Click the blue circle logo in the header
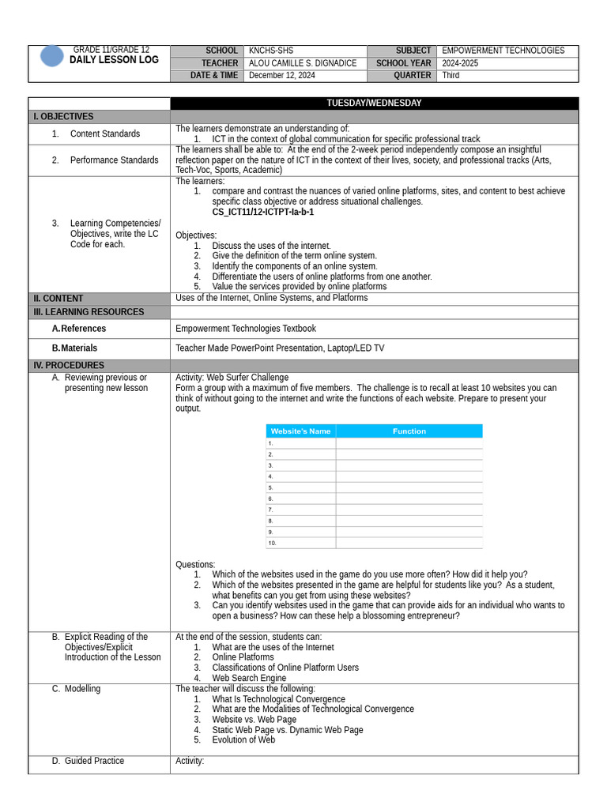52,56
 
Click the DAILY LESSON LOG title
114,60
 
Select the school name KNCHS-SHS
270,51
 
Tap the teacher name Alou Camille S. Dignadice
302,63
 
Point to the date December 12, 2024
281,76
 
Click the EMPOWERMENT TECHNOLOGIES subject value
503,51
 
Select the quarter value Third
451,76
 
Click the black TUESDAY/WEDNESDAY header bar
374,103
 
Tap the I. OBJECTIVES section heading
63,117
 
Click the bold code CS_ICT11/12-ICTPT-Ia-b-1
262,213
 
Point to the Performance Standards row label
114,160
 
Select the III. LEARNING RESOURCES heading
89,312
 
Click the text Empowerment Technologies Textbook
245,329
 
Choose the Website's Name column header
300,431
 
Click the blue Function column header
409,431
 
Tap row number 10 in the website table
273,544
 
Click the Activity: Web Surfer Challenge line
232,378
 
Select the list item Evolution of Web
243,740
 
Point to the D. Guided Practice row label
94,761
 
